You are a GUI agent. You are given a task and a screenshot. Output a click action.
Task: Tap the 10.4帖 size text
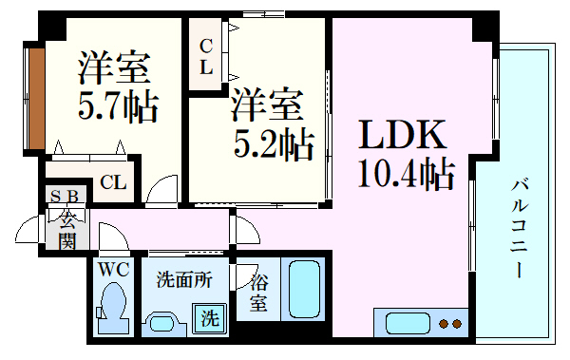point(405,176)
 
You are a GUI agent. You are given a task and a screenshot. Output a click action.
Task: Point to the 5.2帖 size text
point(274,144)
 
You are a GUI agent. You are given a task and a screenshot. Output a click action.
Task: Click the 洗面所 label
point(184,281)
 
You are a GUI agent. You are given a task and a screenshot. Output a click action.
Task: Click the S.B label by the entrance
point(67,198)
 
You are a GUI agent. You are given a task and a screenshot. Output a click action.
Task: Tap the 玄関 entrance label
point(67,230)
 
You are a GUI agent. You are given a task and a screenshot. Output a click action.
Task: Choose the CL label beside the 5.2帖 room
point(205,56)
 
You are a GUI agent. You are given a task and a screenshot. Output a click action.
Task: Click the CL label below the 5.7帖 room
point(113,182)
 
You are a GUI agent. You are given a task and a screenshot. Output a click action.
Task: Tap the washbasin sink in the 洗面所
point(163,322)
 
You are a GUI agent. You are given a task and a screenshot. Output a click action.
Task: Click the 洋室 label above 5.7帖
point(115,66)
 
